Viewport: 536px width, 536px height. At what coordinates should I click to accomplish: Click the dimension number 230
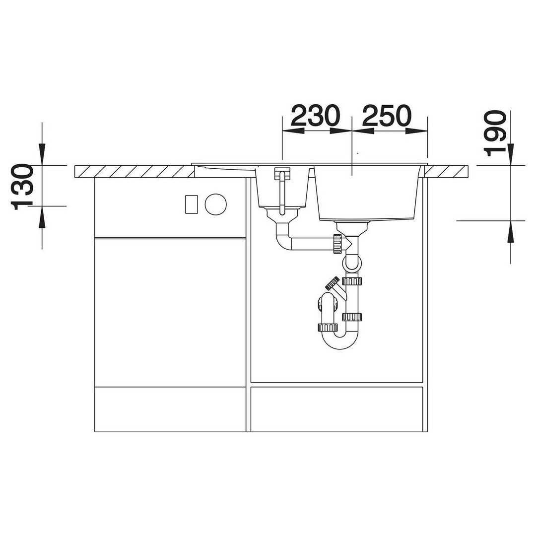[x=316, y=116]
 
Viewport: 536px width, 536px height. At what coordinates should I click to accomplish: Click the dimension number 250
[x=386, y=116]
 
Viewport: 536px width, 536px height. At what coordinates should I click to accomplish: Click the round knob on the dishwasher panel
[x=216, y=204]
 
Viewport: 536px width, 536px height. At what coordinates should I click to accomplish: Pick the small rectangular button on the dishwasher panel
[x=192, y=204]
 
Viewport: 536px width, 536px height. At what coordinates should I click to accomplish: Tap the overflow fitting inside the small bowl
[x=281, y=190]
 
